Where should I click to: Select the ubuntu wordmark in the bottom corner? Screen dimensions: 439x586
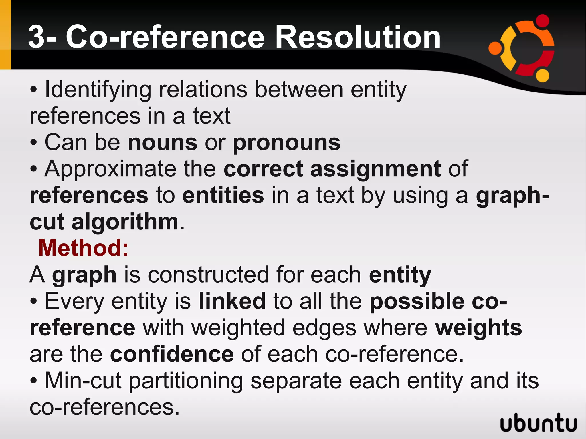pyautogui.click(x=539, y=422)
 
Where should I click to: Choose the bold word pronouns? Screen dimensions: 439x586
pyautogui.click(x=286, y=143)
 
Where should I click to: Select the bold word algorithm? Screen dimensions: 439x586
pyautogui.click(x=125, y=222)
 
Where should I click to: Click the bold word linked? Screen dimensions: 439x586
pyautogui.click(x=232, y=301)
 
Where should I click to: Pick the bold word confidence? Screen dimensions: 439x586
pyautogui.click(x=172, y=354)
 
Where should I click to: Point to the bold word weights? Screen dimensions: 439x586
pyautogui.click(x=478, y=328)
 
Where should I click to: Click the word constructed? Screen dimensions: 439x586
pyautogui.click(x=208, y=275)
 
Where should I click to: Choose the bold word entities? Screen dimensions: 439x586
pyautogui.click(x=223, y=195)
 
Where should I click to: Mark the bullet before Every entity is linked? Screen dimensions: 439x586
pyautogui.click(x=33, y=301)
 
